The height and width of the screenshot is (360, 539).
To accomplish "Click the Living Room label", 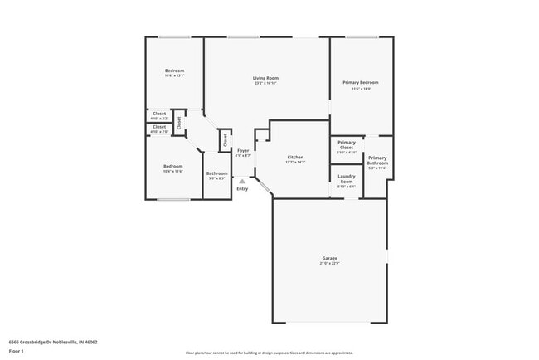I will pos(266,78).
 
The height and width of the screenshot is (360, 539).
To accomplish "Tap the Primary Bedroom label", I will pos(361,82).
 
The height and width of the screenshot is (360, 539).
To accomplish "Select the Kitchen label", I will pos(295,157).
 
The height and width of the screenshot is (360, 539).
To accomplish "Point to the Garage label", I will pos(329,259).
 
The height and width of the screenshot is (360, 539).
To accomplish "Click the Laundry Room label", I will pos(347,178).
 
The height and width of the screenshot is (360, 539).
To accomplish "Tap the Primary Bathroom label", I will pos(377,160).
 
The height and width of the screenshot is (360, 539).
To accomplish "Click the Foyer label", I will pos(243,151).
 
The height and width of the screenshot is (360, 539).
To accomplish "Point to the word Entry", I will pos(242,189).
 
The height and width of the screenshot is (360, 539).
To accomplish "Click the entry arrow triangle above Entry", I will pos(242,181).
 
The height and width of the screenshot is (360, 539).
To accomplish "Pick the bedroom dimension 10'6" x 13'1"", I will pos(174,75).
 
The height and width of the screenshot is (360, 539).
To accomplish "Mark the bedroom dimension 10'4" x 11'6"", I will pos(172,171).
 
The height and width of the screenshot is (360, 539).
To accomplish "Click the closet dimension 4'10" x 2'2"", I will pos(159,119).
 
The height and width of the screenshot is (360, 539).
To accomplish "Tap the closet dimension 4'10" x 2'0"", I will pos(159,132).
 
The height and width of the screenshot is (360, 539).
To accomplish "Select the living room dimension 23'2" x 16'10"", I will pos(266,83).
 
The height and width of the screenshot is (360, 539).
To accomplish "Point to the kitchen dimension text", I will pos(295,162).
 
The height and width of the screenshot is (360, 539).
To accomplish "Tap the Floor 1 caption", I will pos(17,351).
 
